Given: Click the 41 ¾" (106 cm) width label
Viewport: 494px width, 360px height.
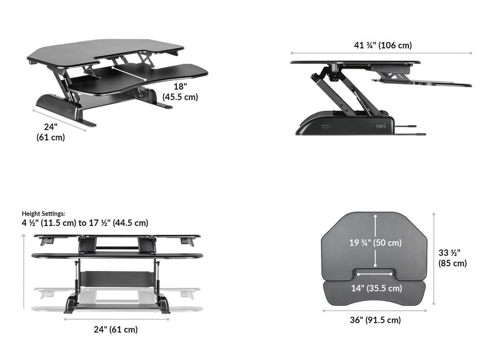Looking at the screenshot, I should (383, 45).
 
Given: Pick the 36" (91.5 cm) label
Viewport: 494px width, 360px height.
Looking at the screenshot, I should (375, 320).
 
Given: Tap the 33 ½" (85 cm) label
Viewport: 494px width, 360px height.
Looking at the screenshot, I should (452, 258).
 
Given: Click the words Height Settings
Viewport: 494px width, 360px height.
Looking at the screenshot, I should (43, 213).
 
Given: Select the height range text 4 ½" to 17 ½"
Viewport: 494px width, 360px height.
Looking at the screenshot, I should (85, 223).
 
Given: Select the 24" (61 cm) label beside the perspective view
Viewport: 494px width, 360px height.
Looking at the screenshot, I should (50, 132).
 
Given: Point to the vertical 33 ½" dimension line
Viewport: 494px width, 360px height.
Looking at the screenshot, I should (434, 261).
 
